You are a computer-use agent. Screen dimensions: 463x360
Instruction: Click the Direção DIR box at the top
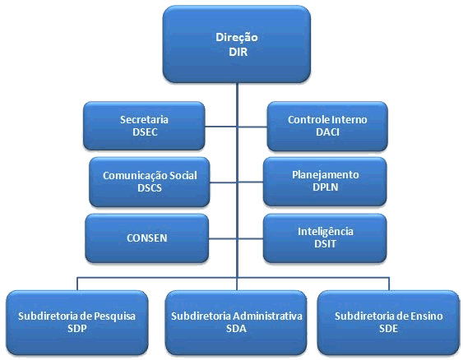coord(237,44)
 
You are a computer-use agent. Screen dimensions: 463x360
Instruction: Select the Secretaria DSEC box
coord(144,126)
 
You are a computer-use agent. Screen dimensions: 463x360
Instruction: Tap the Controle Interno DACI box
coord(327,126)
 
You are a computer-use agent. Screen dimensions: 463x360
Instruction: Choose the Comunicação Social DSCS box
coord(150,182)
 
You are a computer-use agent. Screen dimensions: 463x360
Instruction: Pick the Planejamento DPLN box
coord(325,181)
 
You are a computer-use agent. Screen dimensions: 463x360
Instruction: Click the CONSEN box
coord(146,238)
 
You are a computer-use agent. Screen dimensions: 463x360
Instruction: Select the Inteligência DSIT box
coord(325,238)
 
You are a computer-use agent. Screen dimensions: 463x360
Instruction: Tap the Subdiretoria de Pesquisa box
coord(77,322)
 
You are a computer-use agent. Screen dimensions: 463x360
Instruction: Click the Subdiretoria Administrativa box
coord(236,322)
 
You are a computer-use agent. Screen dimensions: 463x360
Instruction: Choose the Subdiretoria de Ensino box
coord(389,322)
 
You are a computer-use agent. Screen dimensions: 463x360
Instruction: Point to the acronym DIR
coord(238,52)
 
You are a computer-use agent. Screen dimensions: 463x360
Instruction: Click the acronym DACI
coord(327,132)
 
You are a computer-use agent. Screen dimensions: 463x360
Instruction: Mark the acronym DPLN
coord(325,187)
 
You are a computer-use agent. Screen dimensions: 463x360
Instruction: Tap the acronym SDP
coord(76,329)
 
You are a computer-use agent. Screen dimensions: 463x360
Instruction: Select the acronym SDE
coord(388,329)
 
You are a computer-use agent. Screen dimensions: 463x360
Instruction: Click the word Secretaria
coord(144,119)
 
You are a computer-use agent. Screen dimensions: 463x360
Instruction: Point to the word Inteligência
coord(326,232)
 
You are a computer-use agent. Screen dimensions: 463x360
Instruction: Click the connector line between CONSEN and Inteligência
coord(236,238)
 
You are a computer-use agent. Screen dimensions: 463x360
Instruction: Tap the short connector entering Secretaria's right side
coord(220,127)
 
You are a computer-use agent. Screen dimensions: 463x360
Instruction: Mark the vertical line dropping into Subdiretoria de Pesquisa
coord(77,284)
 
